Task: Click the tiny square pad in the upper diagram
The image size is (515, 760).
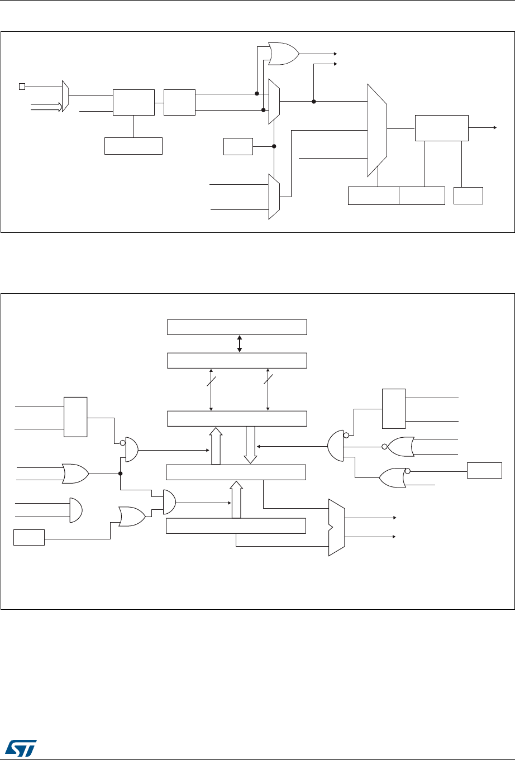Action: [x=22, y=86]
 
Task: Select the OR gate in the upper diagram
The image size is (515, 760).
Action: [x=284, y=54]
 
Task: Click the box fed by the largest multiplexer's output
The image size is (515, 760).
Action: [x=441, y=128]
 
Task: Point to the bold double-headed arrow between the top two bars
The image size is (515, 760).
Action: [x=240, y=343]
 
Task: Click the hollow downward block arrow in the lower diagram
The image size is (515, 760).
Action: [x=250, y=444]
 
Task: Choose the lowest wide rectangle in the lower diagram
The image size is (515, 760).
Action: [x=237, y=526]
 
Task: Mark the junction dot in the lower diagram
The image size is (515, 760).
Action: [x=121, y=473]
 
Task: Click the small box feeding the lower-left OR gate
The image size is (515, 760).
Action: [x=29, y=538]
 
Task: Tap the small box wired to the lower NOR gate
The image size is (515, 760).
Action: [x=484, y=471]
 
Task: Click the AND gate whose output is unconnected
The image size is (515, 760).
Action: [x=76, y=510]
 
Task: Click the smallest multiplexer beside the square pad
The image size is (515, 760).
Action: [x=65, y=96]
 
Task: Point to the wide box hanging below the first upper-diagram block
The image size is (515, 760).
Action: [x=133, y=145]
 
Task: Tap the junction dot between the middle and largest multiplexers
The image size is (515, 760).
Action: [x=314, y=102]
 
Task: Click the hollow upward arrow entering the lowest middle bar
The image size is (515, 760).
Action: [x=236, y=499]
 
